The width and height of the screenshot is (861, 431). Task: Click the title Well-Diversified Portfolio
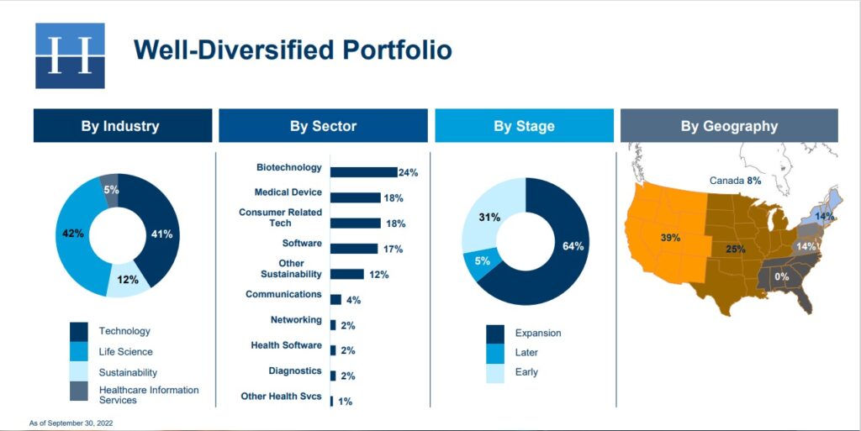point(293,50)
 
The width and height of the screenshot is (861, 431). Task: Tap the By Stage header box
point(524,126)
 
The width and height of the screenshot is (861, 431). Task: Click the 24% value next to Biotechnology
point(408,173)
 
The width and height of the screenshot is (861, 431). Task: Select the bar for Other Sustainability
point(346,274)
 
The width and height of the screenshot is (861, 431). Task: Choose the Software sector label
point(302,244)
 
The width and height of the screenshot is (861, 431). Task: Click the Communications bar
point(335,299)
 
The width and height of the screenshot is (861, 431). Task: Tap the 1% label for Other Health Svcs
point(345,402)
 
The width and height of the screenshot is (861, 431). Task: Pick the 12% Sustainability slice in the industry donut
point(129,280)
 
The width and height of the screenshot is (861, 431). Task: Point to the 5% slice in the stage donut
point(476,263)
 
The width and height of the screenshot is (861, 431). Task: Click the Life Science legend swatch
point(79,352)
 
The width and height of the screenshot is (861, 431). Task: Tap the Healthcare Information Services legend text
point(148,395)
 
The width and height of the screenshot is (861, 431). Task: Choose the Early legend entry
point(512,372)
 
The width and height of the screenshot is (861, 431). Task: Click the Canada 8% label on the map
point(735,181)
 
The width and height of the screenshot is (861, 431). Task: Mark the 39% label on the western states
point(669,238)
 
